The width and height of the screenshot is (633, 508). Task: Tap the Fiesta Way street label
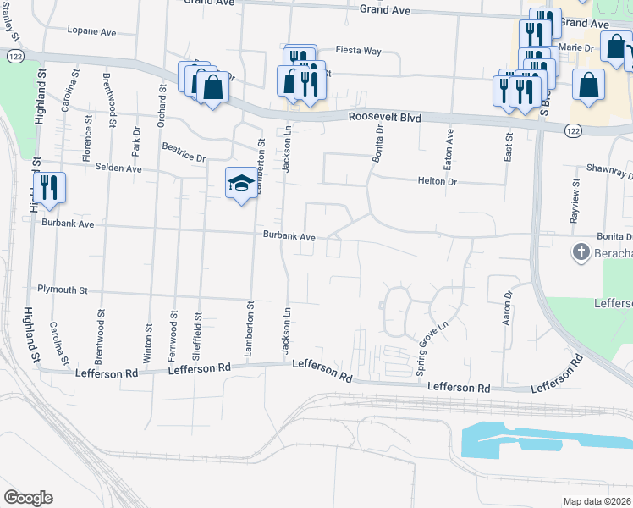pyautogui.click(x=358, y=51)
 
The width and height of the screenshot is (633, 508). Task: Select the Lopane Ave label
pyautogui.click(x=92, y=30)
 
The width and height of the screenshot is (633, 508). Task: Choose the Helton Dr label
pyautogui.click(x=437, y=181)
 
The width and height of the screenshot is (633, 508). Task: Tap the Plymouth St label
pyautogui.click(x=63, y=290)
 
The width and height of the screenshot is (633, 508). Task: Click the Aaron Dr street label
pyautogui.click(x=508, y=308)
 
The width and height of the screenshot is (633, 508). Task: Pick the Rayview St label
pyautogui.click(x=575, y=201)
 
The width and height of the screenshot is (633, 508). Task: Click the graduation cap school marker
pyautogui.click(x=240, y=183)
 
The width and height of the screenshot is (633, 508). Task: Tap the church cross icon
pyautogui.click(x=581, y=251)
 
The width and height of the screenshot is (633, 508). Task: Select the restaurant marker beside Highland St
pyautogui.click(x=48, y=187)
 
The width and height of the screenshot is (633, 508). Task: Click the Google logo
pyautogui.click(x=28, y=498)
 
